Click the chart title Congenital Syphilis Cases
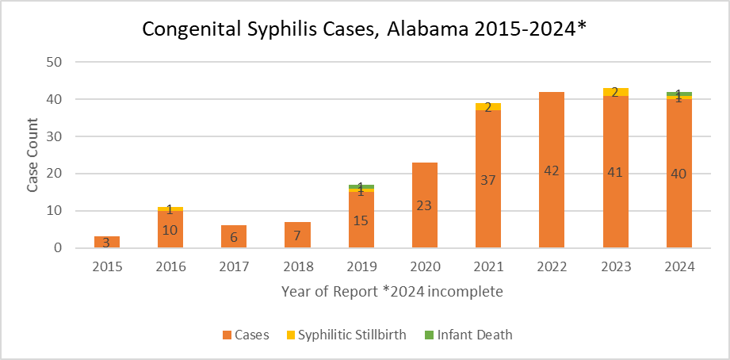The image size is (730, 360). [364, 29]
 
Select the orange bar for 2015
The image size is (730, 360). [107, 242]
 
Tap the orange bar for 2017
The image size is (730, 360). [234, 236]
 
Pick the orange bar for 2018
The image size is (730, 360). [297, 235]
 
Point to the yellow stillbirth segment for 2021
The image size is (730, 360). [488, 106]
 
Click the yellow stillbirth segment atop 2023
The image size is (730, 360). [615, 92]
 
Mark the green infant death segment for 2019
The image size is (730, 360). [361, 186]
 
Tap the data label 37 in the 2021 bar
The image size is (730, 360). [488, 180]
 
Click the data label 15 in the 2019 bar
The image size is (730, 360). [361, 221]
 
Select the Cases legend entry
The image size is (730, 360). [247, 335]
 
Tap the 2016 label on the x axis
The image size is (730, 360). [170, 267]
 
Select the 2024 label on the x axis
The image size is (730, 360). [678, 267]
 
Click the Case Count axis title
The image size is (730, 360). [33, 155]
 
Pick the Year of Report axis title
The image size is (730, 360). [392, 292]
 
